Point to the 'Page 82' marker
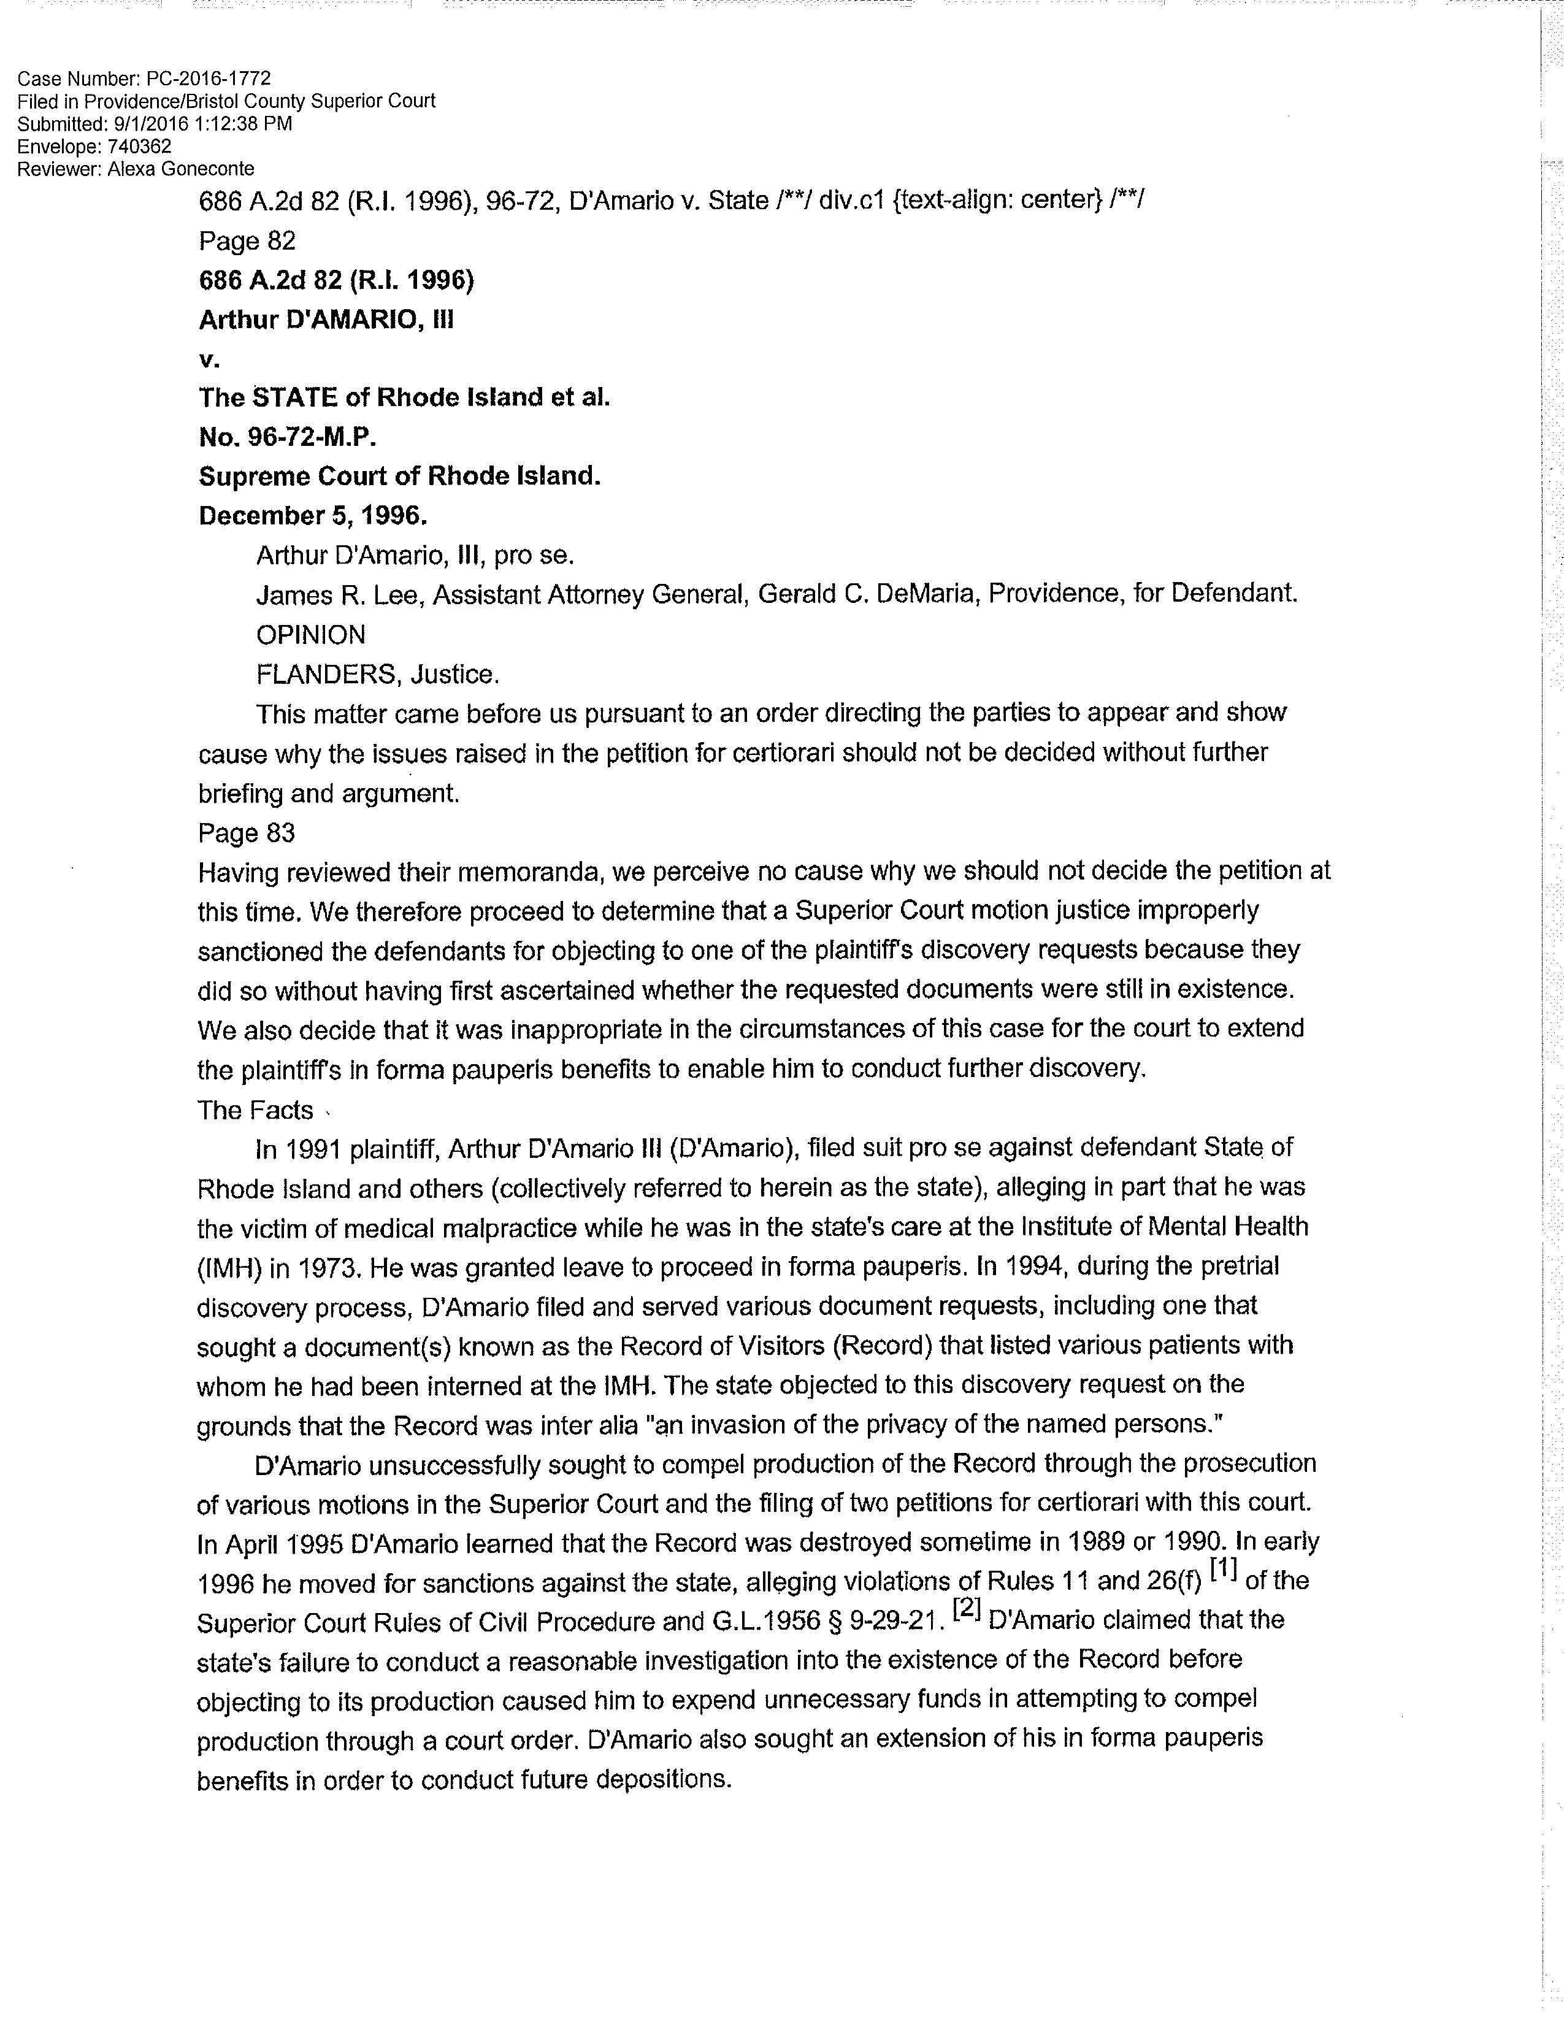point(247,241)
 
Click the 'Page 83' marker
point(247,833)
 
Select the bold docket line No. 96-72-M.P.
point(287,437)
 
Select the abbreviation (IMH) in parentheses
point(229,1268)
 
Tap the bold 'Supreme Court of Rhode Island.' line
point(399,477)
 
